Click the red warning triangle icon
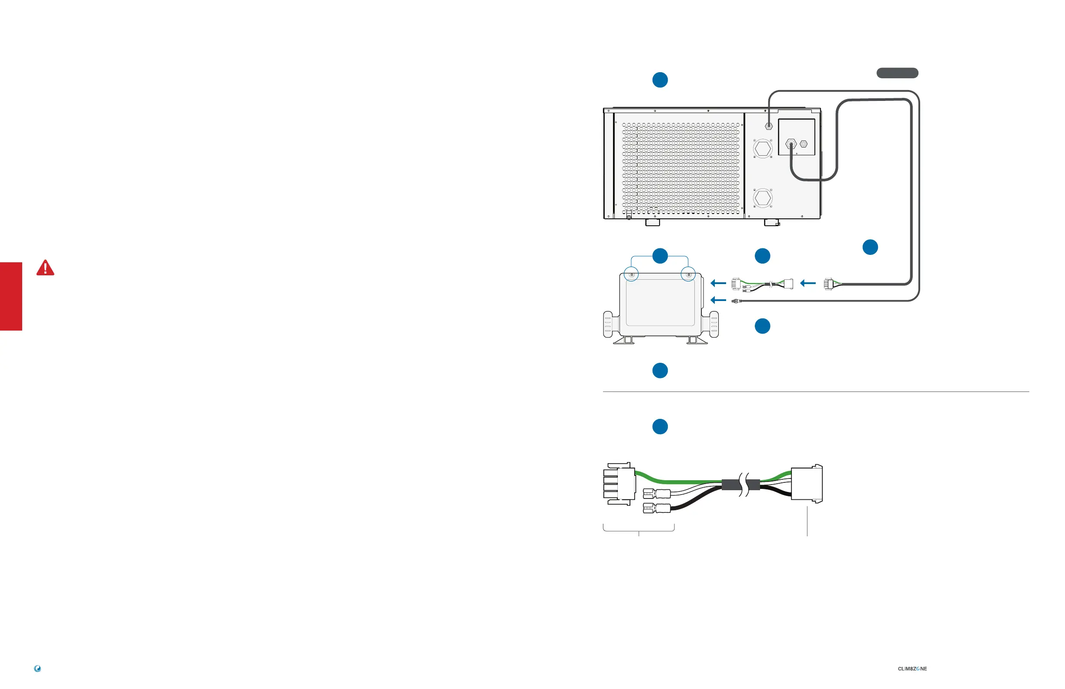coord(45,268)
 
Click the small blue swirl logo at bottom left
coord(37,669)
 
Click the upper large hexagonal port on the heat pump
coord(763,148)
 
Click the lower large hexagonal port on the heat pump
coord(763,198)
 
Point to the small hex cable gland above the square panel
coord(769,126)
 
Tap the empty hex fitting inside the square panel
coord(804,144)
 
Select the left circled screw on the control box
coord(631,275)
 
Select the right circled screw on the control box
coord(689,275)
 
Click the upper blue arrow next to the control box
coord(718,283)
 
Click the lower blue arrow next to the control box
coord(718,300)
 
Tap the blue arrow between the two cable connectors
coord(808,283)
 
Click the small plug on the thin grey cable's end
coord(735,301)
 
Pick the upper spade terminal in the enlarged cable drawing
coord(657,495)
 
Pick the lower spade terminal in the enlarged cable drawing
coord(657,508)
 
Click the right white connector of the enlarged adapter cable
coord(806,484)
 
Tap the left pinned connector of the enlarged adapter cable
coord(619,484)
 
